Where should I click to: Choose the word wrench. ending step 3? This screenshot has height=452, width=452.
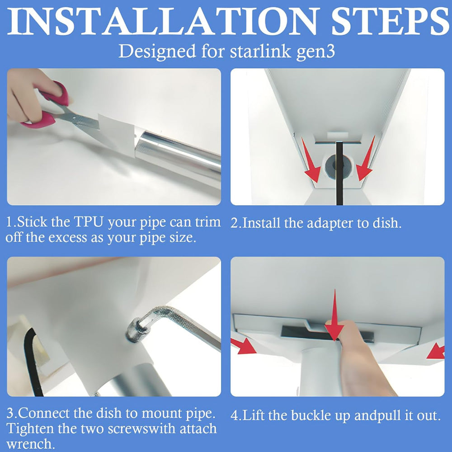[x=30, y=443]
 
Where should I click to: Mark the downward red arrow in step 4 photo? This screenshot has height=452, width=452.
[x=334, y=316]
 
